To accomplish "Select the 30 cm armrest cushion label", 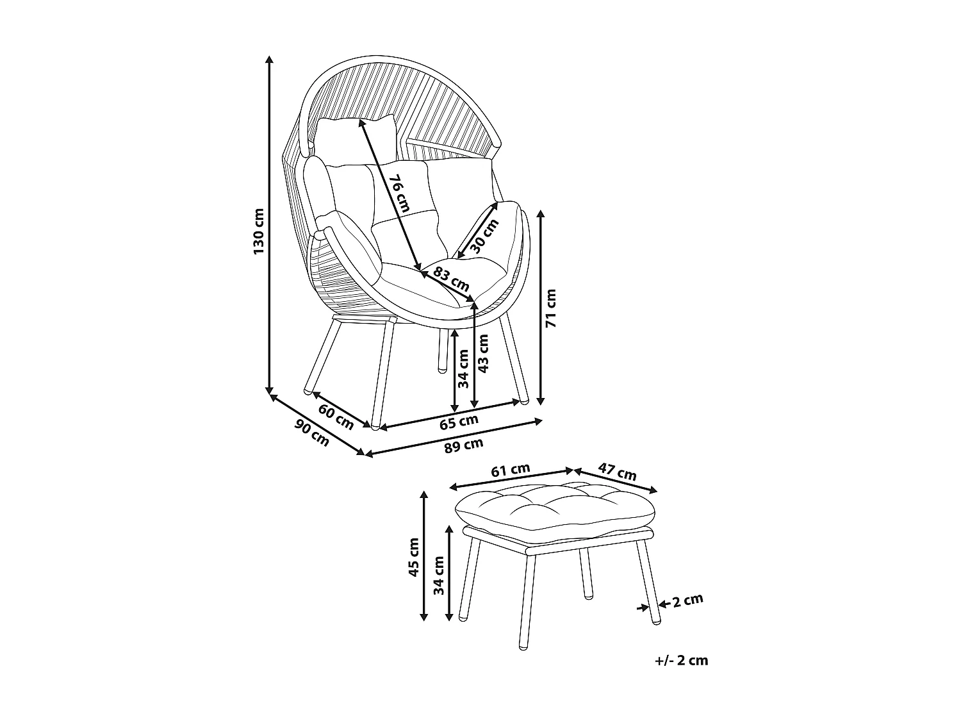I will click(484, 236).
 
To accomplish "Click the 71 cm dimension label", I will click(550, 308).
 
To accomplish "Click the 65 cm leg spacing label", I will click(459, 421).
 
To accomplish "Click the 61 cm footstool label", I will click(511, 470).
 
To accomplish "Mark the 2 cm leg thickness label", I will click(687, 601).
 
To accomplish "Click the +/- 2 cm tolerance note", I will click(682, 660).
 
